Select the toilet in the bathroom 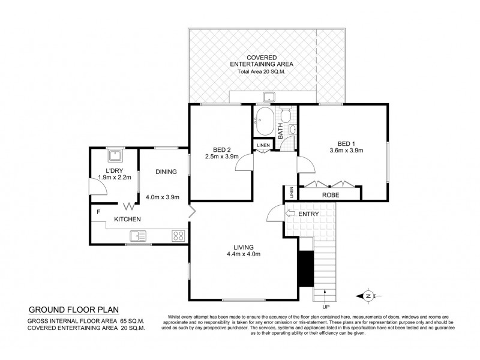(x=286, y=115)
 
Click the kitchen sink (x=136, y=235)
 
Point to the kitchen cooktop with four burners (x=178, y=235)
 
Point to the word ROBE (x=330, y=195)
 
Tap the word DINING (x=166, y=172)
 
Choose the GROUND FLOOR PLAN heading (x=74, y=310)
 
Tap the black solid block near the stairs (x=305, y=268)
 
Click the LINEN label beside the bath (x=263, y=145)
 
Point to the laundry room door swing (x=100, y=188)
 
